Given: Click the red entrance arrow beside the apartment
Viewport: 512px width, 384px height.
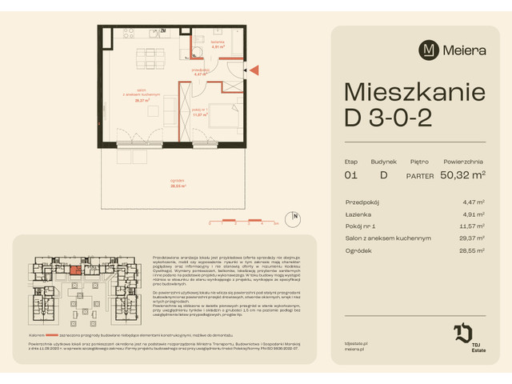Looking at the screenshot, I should click(254, 72).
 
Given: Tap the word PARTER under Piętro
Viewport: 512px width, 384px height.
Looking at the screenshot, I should click(419, 174).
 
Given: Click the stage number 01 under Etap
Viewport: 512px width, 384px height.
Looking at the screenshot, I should click(350, 174).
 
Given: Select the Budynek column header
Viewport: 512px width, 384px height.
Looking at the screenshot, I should click(383, 161).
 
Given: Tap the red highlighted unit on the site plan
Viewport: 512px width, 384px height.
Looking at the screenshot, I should click(74, 270).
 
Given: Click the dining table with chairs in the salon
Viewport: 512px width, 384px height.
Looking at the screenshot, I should click(146, 58).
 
